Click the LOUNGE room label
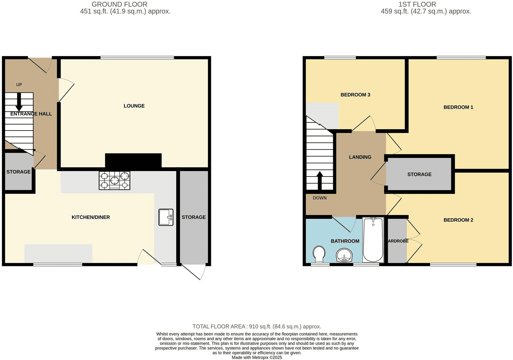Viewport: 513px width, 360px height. click(134, 106)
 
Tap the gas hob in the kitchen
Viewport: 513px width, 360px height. click(115, 181)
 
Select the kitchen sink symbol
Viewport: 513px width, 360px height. click(166, 217)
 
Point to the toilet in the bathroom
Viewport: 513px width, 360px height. click(319, 254)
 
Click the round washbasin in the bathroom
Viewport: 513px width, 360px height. click(344, 255)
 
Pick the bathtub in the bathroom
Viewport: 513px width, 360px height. click(373, 240)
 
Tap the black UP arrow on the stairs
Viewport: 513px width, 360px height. click(19, 102)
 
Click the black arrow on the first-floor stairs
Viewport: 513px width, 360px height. click(320, 181)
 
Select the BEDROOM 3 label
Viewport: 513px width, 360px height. click(355, 95)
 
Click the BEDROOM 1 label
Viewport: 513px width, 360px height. click(458, 107)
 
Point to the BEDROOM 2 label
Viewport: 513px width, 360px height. click(458, 220)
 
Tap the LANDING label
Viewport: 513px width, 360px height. click(360, 157)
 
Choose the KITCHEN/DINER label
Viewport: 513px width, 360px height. click(91, 217)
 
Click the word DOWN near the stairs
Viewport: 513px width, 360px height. click(320, 198)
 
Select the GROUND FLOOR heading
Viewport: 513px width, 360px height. click(119, 4)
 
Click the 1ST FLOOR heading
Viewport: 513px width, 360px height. click(417, 4)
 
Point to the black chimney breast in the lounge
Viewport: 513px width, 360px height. click(133, 161)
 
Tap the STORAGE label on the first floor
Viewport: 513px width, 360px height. click(419, 174)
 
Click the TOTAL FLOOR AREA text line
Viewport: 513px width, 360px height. click(257, 326)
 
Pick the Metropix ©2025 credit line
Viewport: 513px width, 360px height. click(257, 358)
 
